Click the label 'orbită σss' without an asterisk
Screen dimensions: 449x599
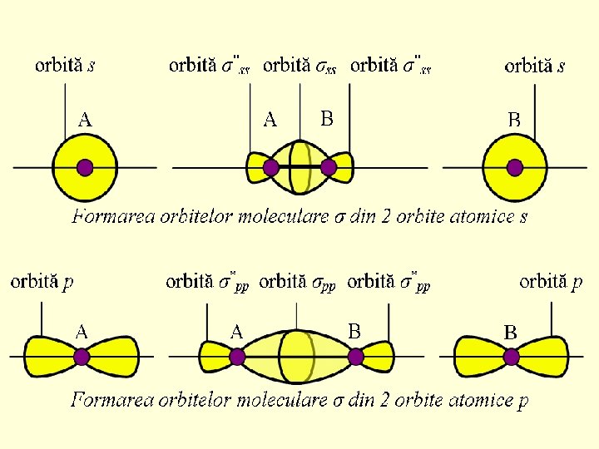click(299, 66)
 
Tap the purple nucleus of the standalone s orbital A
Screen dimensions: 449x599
click(84, 167)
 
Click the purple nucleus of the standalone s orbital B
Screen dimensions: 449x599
click(514, 167)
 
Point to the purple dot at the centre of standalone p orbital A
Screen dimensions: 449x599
click(82, 357)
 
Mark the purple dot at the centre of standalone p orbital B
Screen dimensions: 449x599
click(511, 357)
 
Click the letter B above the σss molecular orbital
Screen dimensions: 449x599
click(327, 119)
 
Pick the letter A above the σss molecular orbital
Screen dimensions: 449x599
click(270, 121)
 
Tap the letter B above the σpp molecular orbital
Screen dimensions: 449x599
click(354, 331)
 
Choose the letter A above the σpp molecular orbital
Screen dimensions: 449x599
click(236, 332)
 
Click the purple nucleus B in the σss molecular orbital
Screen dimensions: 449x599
click(329, 167)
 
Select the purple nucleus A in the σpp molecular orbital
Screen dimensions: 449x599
click(237, 357)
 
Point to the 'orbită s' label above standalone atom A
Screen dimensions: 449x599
click(65, 65)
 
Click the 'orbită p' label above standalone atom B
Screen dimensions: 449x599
click(551, 282)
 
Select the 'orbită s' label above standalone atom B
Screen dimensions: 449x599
click(535, 66)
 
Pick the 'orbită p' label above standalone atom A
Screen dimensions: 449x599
click(42, 282)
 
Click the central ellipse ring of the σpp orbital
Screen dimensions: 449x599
click(297, 357)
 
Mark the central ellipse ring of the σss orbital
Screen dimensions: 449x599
click(299, 167)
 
